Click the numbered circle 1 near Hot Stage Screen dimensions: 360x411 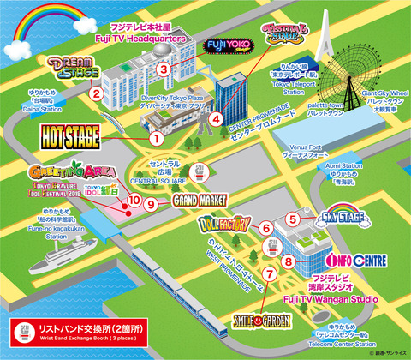[x=156, y=137]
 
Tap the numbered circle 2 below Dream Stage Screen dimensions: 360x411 [x=97, y=93]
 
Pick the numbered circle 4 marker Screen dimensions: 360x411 [x=217, y=119]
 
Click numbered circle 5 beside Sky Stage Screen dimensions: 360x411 [x=293, y=219]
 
